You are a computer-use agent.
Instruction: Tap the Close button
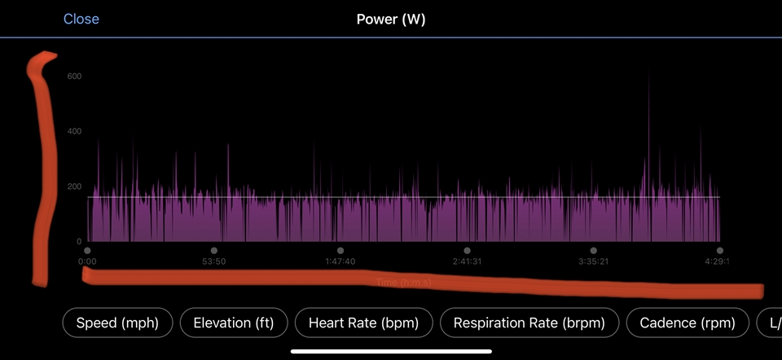81,19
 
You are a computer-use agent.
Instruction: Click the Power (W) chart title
391,19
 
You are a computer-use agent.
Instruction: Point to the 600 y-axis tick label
74,77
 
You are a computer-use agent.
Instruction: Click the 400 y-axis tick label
74,131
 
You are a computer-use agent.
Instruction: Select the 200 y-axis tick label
74,187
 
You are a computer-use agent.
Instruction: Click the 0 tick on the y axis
78,242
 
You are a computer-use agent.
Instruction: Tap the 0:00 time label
87,261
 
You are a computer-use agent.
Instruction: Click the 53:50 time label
213,261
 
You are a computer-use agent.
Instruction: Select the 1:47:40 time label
340,261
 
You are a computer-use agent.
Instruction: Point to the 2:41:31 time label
467,261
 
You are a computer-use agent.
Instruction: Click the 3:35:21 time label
593,261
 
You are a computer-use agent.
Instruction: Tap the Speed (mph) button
117,323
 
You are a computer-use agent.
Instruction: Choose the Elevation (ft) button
234,323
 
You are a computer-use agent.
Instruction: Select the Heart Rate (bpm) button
363,323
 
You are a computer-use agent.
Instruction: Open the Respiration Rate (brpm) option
529,323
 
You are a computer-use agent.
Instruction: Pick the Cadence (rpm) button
688,323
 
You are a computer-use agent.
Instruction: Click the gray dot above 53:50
213,251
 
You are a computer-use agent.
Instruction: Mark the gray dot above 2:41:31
467,251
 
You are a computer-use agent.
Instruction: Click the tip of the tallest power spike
649,73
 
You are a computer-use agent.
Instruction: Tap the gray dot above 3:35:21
593,251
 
